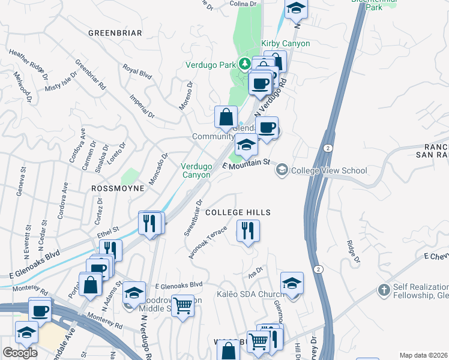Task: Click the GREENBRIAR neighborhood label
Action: [115, 32]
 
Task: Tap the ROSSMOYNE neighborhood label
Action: [118, 188]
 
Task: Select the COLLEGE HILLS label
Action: [238, 212]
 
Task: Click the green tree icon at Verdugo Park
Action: [244, 63]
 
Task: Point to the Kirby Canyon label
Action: [286, 43]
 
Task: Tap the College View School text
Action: [328, 170]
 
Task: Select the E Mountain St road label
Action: [247, 163]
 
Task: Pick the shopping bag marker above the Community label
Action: [226, 117]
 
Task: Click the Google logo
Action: [20, 353]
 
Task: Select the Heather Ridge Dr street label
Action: [29, 64]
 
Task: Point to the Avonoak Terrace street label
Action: [208, 242]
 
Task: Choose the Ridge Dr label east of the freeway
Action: [352, 251]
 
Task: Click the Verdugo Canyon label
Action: [196, 170]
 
